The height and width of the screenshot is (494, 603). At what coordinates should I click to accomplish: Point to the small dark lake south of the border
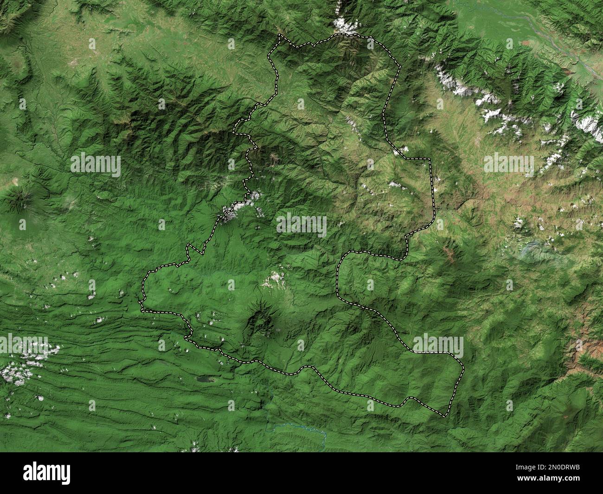[x=203, y=379]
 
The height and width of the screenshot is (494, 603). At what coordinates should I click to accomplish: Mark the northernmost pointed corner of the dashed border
[x=279, y=34]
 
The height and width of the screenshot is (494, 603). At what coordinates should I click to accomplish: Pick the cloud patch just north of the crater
[x=274, y=279]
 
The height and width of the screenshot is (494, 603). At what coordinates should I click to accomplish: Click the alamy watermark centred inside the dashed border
[x=301, y=225]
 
